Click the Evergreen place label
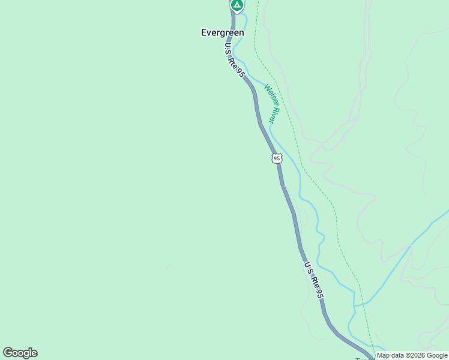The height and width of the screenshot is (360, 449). pyautogui.click(x=222, y=33)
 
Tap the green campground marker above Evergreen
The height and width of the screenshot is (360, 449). pyautogui.click(x=237, y=5)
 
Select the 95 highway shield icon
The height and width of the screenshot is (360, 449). pyautogui.click(x=276, y=158)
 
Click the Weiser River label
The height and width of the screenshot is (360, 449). pyautogui.click(x=271, y=104)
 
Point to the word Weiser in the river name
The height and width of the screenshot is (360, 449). pyautogui.click(x=268, y=96)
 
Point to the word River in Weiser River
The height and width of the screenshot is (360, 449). pyautogui.click(x=274, y=114)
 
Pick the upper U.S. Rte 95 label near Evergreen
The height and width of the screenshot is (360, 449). pyautogui.click(x=235, y=59)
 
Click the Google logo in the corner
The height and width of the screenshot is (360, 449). pyautogui.click(x=20, y=353)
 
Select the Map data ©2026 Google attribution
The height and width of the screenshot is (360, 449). pyautogui.click(x=412, y=355)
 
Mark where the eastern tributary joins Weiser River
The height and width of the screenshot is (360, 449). pyautogui.click(x=355, y=305)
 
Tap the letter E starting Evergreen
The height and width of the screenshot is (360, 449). pyautogui.click(x=204, y=33)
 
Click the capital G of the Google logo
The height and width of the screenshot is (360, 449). pyautogui.click(x=7, y=353)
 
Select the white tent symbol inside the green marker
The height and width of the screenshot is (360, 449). pyautogui.click(x=237, y=5)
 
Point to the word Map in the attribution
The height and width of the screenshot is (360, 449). pyautogui.click(x=384, y=355)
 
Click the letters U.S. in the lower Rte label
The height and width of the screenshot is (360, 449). pyautogui.click(x=307, y=268)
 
